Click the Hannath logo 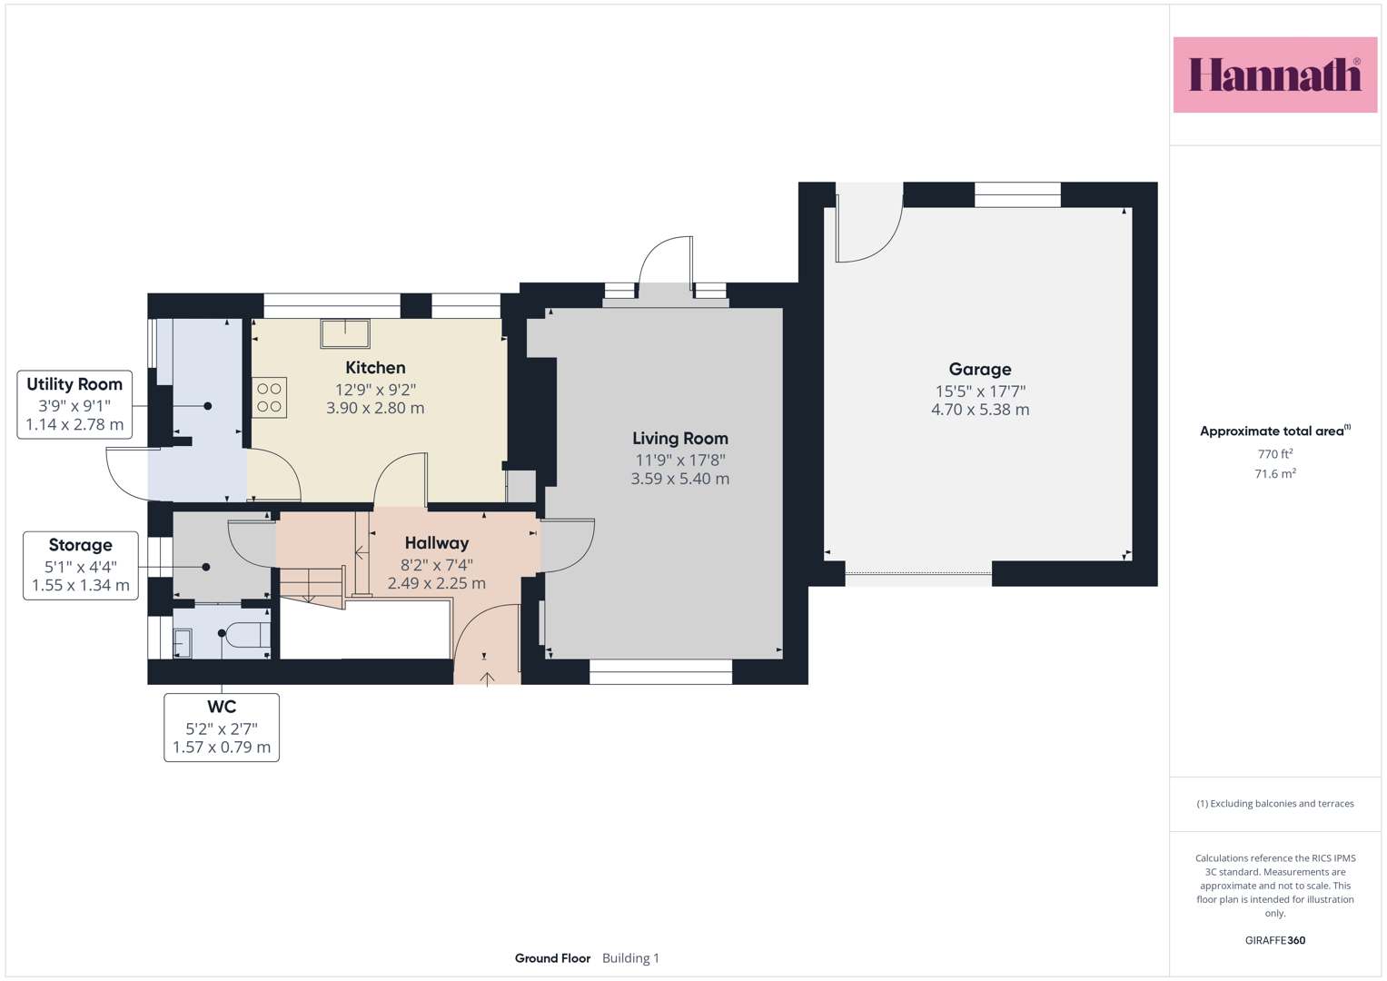1275,74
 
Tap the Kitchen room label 375,368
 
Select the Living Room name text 680,439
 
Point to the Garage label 980,369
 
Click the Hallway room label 437,543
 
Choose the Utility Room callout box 74,404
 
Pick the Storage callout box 81,565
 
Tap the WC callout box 222,727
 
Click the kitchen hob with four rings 270,398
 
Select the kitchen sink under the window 345,334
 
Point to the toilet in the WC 248,635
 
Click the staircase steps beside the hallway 312,586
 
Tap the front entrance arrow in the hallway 487,679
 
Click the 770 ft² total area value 1275,454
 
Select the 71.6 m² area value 1275,474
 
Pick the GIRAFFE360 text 1275,940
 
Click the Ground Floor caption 552,958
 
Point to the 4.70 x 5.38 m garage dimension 980,410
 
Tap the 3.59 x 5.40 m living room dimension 680,479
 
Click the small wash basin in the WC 183,643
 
